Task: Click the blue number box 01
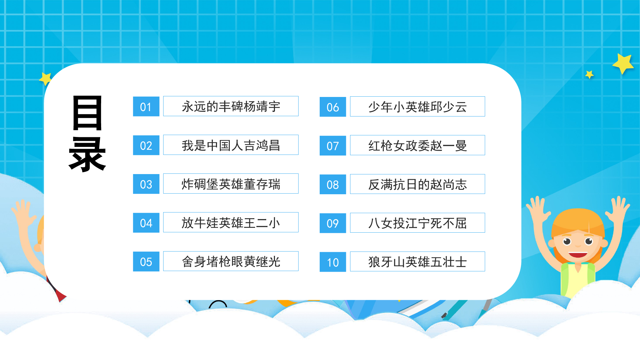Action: click(146, 107)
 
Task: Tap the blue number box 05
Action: click(146, 262)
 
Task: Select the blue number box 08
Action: click(333, 184)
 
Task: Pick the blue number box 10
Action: click(333, 262)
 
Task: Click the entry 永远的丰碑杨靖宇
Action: click(231, 106)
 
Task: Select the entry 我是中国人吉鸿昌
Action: click(231, 145)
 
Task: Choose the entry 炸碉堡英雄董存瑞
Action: click(231, 184)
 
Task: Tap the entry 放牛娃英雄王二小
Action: click(231, 222)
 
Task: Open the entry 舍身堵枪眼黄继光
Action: click(231, 261)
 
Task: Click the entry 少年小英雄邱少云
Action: click(418, 107)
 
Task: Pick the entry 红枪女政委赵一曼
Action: click(418, 145)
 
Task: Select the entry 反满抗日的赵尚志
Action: click(418, 184)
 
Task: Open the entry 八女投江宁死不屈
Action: click(418, 223)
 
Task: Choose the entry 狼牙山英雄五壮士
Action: click(418, 261)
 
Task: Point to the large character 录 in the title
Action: click(87, 155)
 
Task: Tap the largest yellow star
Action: click(623, 64)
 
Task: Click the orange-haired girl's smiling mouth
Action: click(578, 255)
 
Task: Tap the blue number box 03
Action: click(146, 184)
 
